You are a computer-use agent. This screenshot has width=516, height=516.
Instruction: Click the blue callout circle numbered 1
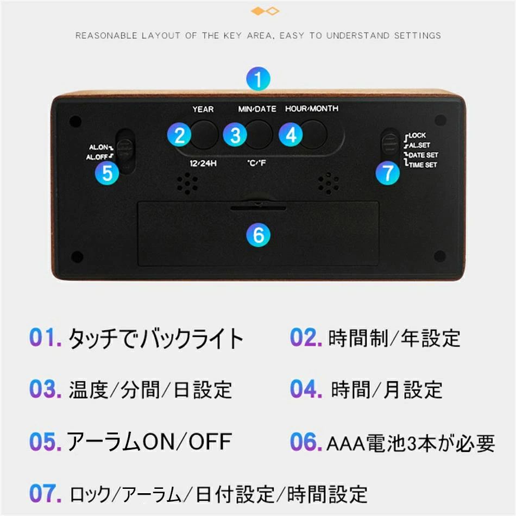point(259,79)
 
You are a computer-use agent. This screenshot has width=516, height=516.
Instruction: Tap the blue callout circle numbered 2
point(179,135)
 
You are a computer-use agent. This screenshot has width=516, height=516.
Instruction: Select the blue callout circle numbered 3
point(235,135)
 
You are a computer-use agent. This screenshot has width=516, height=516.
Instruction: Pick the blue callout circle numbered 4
point(291,135)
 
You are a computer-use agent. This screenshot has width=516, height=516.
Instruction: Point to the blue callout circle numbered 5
point(108,173)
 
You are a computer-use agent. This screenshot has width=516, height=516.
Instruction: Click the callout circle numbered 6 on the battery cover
point(259,235)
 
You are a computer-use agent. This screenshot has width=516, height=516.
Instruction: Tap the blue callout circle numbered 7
point(388,173)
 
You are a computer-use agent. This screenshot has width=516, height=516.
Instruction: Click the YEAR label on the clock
point(203,109)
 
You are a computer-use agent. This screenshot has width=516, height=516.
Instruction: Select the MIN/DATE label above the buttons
point(257,109)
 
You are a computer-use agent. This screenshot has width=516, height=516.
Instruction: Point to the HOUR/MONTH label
point(312,109)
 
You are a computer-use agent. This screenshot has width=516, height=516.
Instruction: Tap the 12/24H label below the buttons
point(203,163)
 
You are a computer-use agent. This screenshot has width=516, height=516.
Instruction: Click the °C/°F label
point(257,162)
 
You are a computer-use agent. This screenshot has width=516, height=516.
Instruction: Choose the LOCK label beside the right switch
point(417,135)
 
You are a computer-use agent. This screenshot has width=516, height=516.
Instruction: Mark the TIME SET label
point(423,165)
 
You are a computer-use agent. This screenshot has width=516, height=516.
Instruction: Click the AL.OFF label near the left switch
point(97,157)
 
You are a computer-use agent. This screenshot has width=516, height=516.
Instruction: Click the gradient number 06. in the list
point(306,442)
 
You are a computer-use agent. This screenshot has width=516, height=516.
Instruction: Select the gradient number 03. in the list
point(46,389)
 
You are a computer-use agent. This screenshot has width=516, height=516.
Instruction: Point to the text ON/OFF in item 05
point(187,442)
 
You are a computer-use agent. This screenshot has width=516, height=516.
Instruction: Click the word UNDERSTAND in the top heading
point(358,35)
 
